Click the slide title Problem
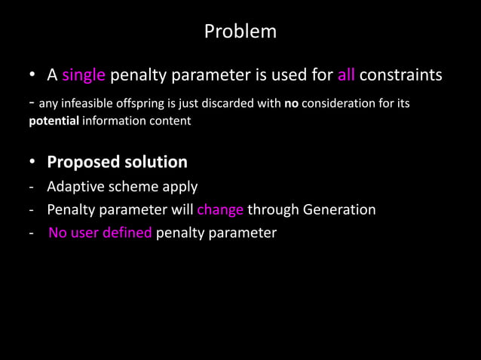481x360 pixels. tap(240, 32)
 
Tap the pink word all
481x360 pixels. tap(345, 76)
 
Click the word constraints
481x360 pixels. tap(400, 76)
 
